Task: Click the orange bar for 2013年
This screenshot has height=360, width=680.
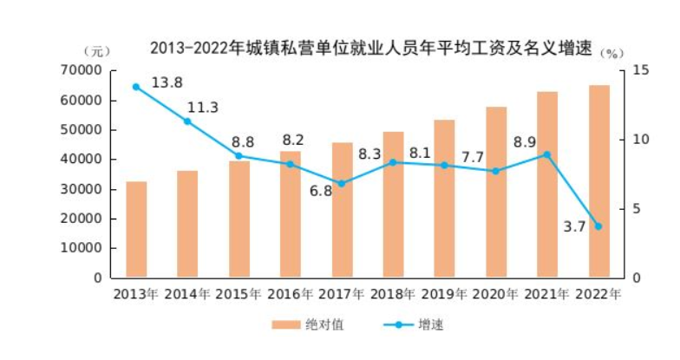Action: click(x=136, y=229)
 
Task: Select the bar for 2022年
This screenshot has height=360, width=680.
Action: click(x=598, y=181)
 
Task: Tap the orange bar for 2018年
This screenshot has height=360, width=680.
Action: click(x=394, y=205)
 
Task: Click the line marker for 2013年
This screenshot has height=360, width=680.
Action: click(x=136, y=87)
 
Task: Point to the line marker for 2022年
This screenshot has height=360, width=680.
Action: click(x=598, y=226)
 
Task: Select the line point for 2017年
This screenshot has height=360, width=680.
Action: click(x=342, y=184)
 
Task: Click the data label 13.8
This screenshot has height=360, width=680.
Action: click(x=167, y=82)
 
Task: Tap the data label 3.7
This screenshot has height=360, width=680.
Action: click(x=574, y=226)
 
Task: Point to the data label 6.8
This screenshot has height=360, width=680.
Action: click(x=321, y=191)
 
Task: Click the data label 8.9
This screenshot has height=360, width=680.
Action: click(x=525, y=142)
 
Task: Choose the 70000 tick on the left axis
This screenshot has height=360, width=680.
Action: click(x=82, y=71)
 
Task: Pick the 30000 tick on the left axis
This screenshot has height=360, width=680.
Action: click(x=82, y=189)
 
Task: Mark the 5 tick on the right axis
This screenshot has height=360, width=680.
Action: click(x=637, y=209)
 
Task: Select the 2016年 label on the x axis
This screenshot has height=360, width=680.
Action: click(x=290, y=295)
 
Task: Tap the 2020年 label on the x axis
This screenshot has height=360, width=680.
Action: click(x=495, y=295)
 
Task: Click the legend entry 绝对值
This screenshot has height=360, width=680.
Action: click(x=308, y=324)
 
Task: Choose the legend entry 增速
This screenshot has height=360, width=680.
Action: click(x=414, y=324)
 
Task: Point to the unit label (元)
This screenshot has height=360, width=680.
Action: click(x=97, y=52)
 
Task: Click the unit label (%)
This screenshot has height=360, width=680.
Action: click(x=612, y=54)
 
